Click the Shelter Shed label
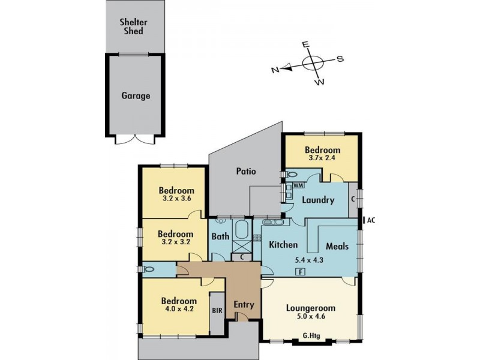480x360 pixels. pyautogui.click(x=135, y=26)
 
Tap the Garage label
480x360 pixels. pyautogui.click(x=136, y=95)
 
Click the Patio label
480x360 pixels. pyautogui.click(x=245, y=171)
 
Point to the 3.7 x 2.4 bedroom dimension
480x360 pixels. pyautogui.click(x=322, y=160)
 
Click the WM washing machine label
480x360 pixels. pyautogui.click(x=298, y=186)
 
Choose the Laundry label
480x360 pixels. pyautogui.click(x=318, y=200)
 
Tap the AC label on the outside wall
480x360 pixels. pyautogui.click(x=371, y=220)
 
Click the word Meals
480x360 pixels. pyautogui.click(x=337, y=246)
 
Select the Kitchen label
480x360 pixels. pyautogui.click(x=283, y=245)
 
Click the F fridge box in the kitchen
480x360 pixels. pyautogui.click(x=299, y=272)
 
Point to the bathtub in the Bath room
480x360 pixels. pyautogui.click(x=242, y=230)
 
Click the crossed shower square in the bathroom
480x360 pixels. pyautogui.click(x=242, y=245)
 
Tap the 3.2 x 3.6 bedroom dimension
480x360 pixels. pyautogui.click(x=175, y=198)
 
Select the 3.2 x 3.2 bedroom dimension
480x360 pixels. pyautogui.click(x=175, y=243)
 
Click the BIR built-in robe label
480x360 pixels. pyautogui.click(x=217, y=311)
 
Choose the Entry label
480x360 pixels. pyautogui.click(x=244, y=305)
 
